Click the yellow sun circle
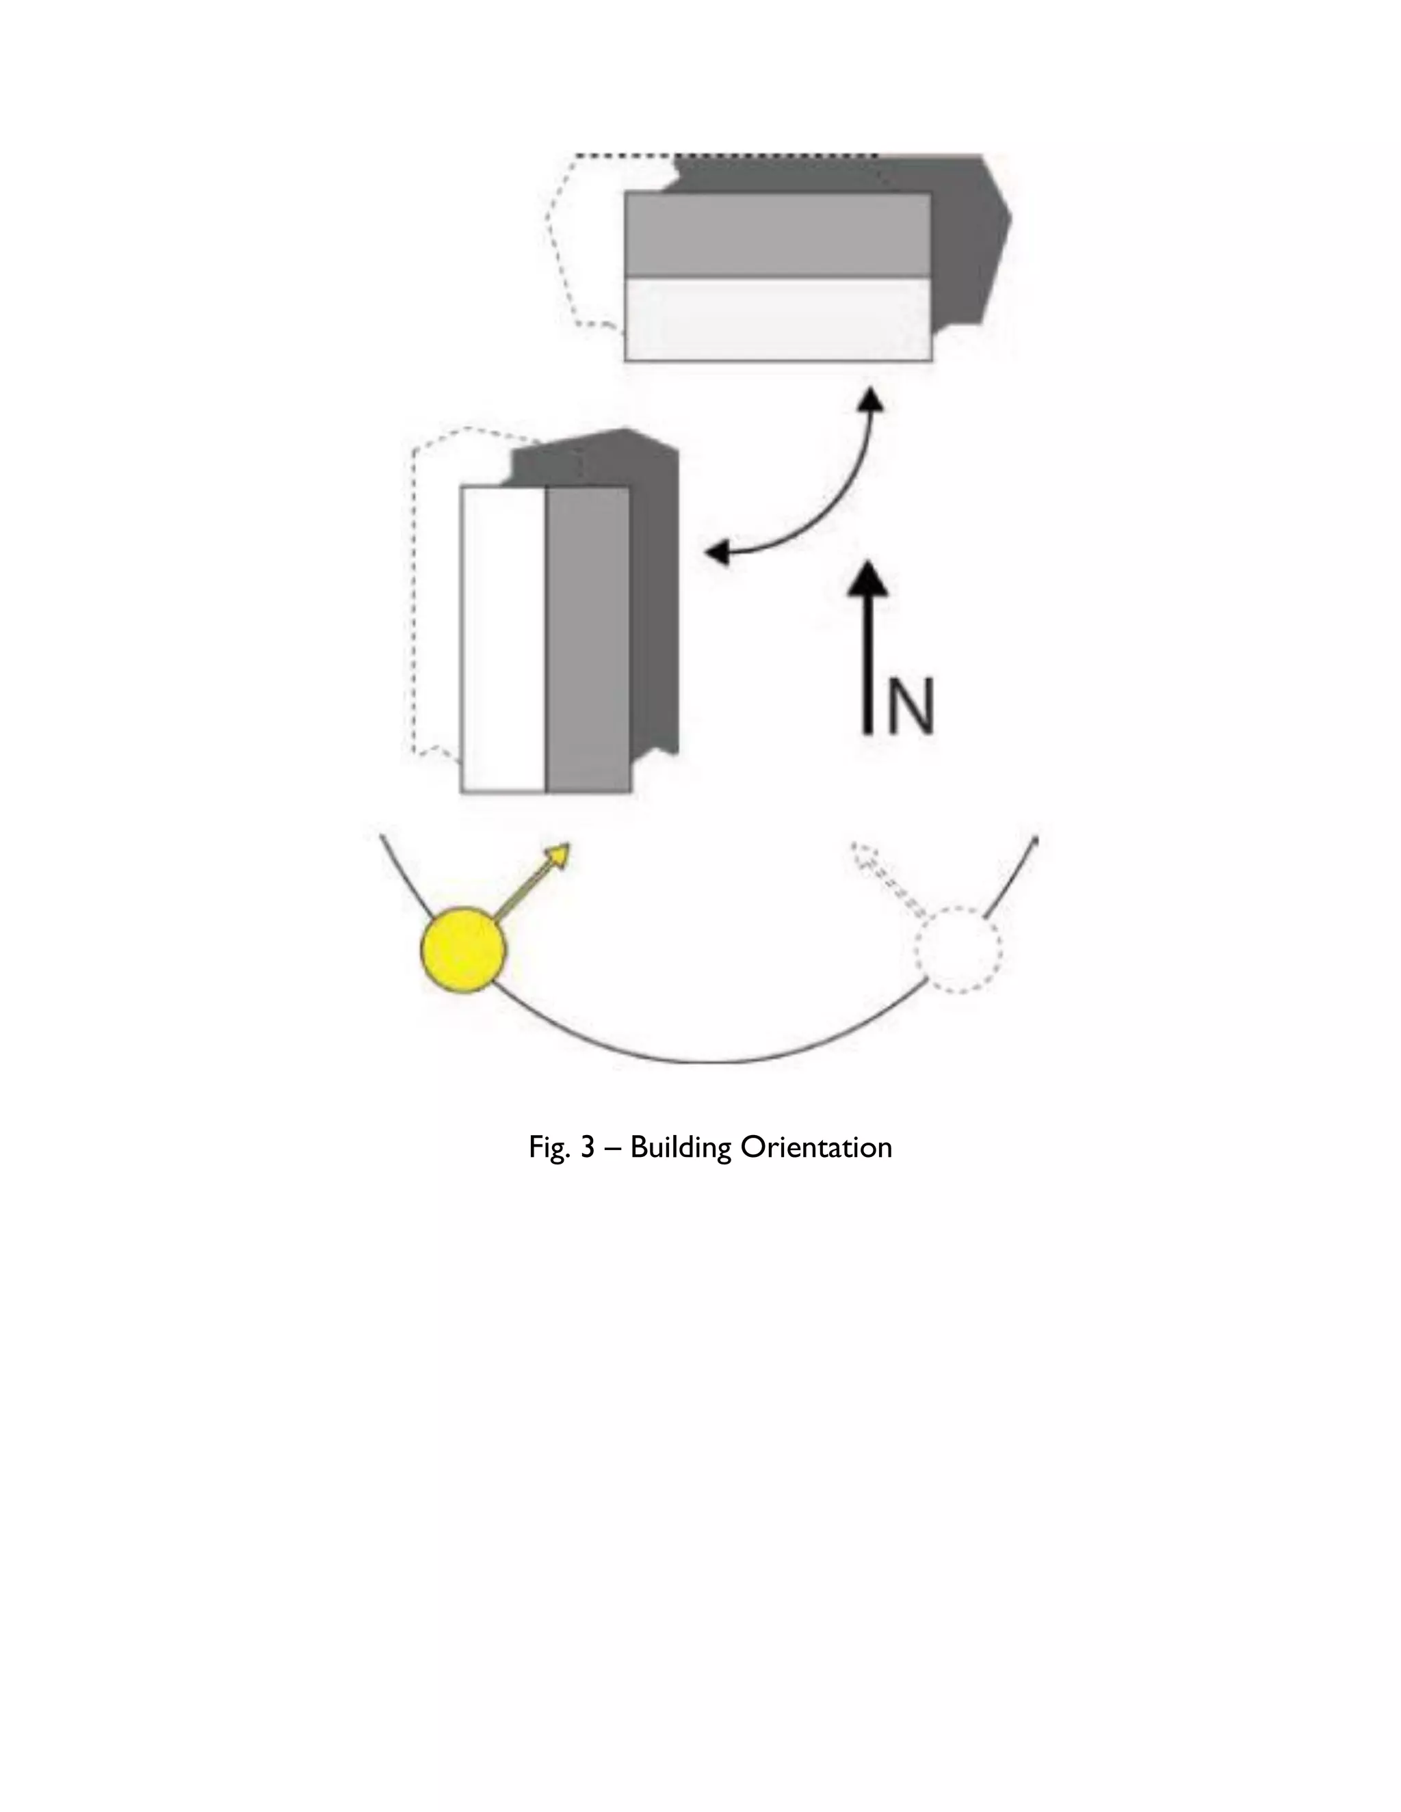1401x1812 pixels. (x=463, y=950)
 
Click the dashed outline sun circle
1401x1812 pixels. (x=958, y=949)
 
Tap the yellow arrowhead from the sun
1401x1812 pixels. (x=559, y=855)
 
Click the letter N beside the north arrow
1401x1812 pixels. (x=911, y=706)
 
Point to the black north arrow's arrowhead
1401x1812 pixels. (x=868, y=578)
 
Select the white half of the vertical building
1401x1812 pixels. (x=503, y=639)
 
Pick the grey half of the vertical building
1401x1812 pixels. (x=588, y=639)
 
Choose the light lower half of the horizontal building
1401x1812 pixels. (x=778, y=319)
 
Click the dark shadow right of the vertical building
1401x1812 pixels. (x=655, y=598)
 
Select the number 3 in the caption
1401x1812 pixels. (x=587, y=1147)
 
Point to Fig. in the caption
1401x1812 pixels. (x=549, y=1147)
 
